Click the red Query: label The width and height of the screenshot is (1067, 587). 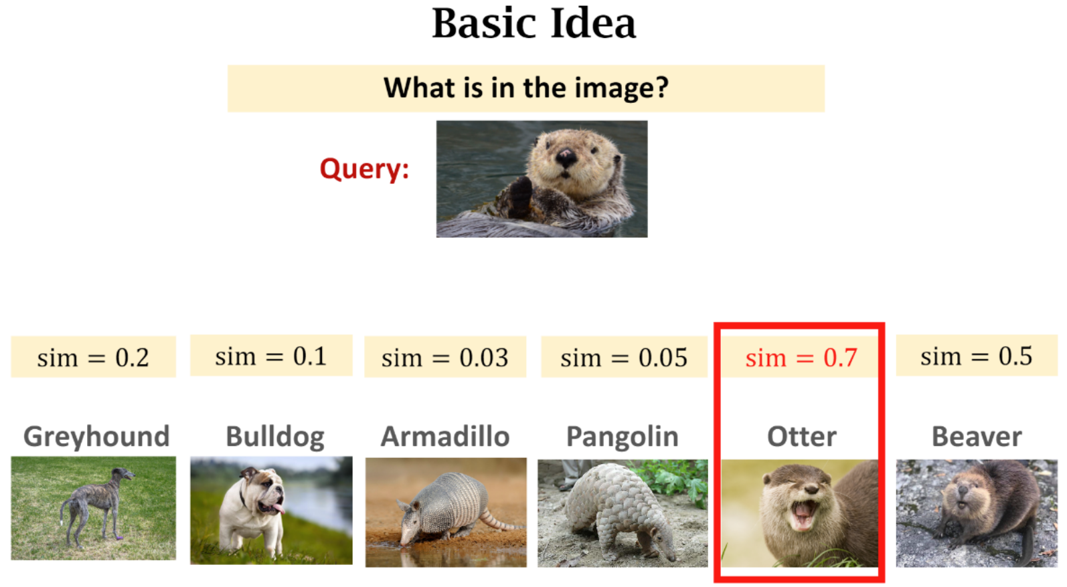(x=364, y=169)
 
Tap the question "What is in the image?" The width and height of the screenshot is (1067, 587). (x=526, y=88)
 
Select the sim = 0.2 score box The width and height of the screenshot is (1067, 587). (x=93, y=357)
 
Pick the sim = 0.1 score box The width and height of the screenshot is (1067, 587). (x=272, y=355)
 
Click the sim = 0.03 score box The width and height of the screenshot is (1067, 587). (x=445, y=357)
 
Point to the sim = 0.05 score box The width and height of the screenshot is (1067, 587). (x=624, y=357)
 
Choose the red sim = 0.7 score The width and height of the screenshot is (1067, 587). (x=801, y=357)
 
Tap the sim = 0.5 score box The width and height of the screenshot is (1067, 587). (x=977, y=355)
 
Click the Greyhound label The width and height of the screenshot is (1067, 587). (x=96, y=437)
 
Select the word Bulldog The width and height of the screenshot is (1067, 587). (x=275, y=437)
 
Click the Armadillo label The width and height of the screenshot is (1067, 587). (x=445, y=436)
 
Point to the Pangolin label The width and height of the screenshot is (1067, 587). (x=622, y=437)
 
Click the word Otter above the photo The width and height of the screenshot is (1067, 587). (x=802, y=436)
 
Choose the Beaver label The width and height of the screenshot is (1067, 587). (x=977, y=436)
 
